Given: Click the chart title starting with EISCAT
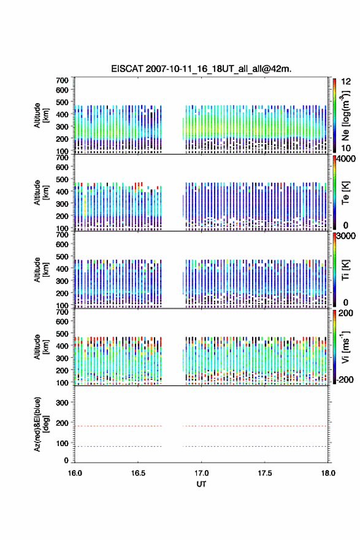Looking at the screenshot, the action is click(201, 69).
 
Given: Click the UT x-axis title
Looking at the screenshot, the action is click(201, 484).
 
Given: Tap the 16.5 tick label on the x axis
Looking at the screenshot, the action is click(138, 473).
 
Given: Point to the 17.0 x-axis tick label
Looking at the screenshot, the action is click(201, 473).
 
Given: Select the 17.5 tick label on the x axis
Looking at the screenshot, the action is click(265, 473).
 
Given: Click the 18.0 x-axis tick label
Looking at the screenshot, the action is click(328, 473).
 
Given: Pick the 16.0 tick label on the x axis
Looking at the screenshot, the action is click(75, 473).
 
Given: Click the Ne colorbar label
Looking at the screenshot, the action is click(345, 116).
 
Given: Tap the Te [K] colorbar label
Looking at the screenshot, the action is click(345, 193).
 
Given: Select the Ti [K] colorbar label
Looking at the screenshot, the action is click(345, 270).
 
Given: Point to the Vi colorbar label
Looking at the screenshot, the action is click(345, 347).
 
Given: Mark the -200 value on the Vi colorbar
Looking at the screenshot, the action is click(344, 379).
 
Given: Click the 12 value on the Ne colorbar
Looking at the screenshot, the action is click(346, 82).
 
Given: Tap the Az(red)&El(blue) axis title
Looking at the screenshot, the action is click(42, 424).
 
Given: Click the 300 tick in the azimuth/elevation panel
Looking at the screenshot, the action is click(63, 403).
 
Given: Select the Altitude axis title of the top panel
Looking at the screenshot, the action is click(42, 116).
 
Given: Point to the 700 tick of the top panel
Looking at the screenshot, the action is click(63, 80).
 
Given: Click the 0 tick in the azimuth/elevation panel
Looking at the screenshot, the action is click(66, 460).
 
